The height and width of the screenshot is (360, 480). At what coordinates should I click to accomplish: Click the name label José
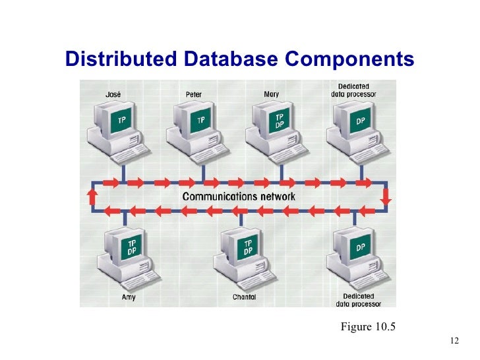tap(113, 94)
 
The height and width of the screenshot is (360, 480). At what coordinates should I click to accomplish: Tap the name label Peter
tap(194, 94)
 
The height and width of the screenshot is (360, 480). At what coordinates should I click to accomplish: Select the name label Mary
tap(271, 94)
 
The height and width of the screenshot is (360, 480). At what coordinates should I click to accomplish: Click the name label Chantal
tap(244, 297)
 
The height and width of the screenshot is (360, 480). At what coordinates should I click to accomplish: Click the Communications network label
tap(239, 196)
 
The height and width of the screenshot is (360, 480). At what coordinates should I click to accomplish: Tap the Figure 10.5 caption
tap(368, 325)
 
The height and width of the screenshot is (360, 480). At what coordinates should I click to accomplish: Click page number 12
tap(453, 341)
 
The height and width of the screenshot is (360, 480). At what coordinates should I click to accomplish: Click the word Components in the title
tap(349, 59)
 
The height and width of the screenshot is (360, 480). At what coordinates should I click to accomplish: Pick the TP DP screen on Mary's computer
tap(280, 121)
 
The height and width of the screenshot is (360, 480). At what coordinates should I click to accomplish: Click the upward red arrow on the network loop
tap(92, 196)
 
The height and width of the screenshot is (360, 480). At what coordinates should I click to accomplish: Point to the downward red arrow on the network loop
tap(386, 196)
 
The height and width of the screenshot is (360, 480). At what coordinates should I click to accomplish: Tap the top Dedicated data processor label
tap(353, 90)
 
